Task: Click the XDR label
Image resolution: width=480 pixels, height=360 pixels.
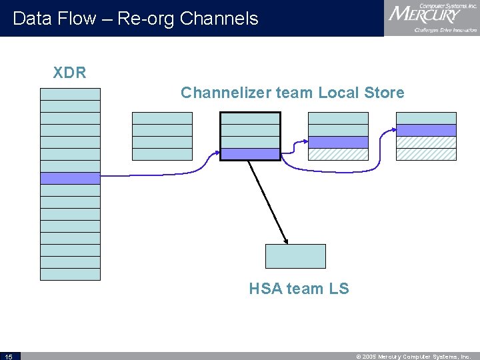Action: [x=69, y=73]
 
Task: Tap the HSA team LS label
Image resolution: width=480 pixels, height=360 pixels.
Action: [x=299, y=289]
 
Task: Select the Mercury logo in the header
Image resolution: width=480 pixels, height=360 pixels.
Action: [x=431, y=17]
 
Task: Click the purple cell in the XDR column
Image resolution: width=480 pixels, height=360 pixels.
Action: [x=70, y=178]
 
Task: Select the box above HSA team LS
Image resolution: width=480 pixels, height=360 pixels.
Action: [x=295, y=256]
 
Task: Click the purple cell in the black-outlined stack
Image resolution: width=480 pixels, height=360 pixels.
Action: [x=250, y=154]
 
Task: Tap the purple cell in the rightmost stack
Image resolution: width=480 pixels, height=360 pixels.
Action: [x=426, y=130]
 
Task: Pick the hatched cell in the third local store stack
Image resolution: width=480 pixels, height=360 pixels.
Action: [x=338, y=154]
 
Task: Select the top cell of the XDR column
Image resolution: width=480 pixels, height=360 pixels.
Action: [x=70, y=94]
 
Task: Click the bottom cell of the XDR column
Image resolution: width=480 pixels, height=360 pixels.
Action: [x=70, y=274]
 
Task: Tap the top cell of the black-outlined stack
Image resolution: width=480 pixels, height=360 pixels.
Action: [x=250, y=118]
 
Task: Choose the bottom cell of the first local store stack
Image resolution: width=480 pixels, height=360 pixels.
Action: [x=162, y=154]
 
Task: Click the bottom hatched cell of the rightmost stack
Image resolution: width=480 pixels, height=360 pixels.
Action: [x=426, y=154]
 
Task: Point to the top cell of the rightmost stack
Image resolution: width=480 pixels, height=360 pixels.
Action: [x=426, y=118]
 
